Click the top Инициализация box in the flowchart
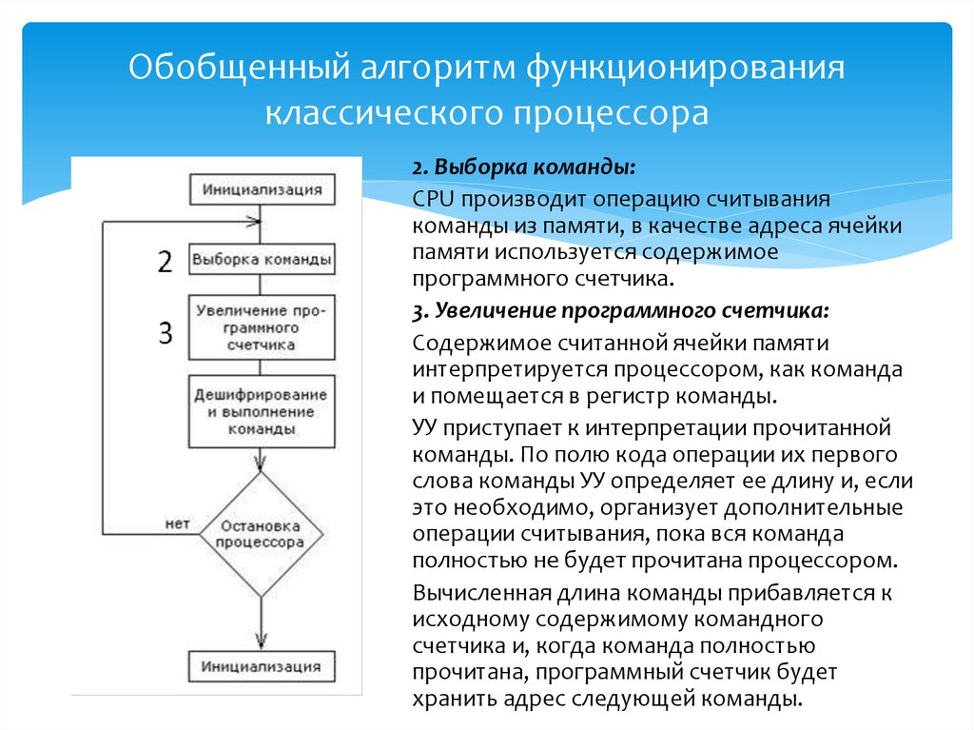262,189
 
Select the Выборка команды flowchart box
262,259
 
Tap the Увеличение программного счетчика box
262,327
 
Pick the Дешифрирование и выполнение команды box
262,411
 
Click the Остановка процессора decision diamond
261,535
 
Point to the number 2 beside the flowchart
166,262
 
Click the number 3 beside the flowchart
166,332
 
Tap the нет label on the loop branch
175,523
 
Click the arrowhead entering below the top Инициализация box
254,224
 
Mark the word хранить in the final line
448,699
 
